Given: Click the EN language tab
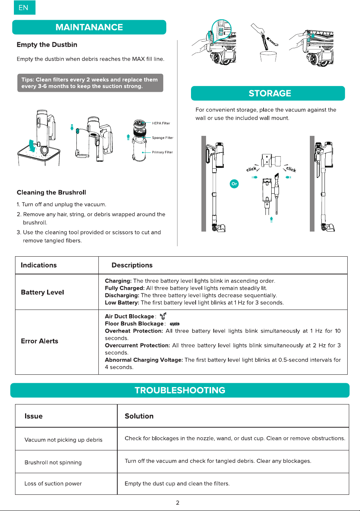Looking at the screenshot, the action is pyautogui.click(x=25, y=8).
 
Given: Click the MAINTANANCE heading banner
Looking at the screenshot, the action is pyautogui.click(x=89, y=27).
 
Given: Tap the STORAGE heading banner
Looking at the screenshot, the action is pyautogui.click(x=268, y=93).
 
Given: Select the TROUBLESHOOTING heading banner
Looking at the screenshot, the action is pyautogui.click(x=180, y=390).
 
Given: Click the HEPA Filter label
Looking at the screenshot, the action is pyautogui.click(x=161, y=123).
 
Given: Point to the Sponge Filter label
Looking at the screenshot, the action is pyautogui.click(x=163, y=138).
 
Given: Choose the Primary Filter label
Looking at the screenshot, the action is pyautogui.click(x=162, y=152).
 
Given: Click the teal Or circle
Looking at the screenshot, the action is pyautogui.click(x=234, y=184).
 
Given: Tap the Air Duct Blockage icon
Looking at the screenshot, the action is pyautogui.click(x=163, y=316).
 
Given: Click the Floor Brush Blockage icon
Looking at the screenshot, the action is pyautogui.click(x=175, y=324).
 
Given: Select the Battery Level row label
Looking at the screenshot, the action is pyautogui.click(x=42, y=292).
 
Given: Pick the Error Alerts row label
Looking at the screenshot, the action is pyautogui.click(x=39, y=341).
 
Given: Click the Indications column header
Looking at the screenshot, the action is pyautogui.click(x=39, y=265).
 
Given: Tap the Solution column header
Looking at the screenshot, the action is pyautogui.click(x=139, y=416).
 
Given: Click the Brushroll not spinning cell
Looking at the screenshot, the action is pyautogui.click(x=53, y=462).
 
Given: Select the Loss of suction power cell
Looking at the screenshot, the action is pyautogui.click(x=53, y=483).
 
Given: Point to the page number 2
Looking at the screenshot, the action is pyautogui.click(x=178, y=503).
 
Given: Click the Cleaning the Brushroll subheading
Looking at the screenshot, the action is pyautogui.click(x=51, y=192).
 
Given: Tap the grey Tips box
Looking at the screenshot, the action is pyautogui.click(x=90, y=83).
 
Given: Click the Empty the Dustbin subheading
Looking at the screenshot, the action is pyautogui.click(x=47, y=44).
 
